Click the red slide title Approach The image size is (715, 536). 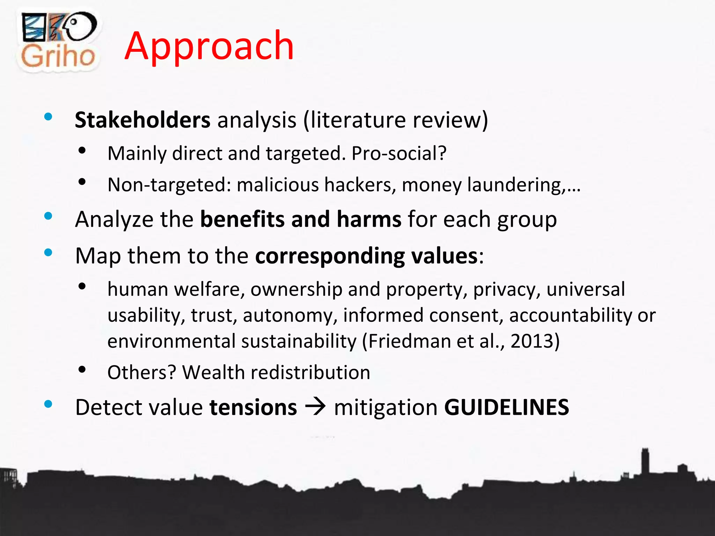(x=209, y=46)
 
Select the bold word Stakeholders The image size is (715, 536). (x=142, y=120)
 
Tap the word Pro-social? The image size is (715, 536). (x=399, y=153)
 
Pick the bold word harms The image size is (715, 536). (x=369, y=219)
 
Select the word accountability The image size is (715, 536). (x=570, y=315)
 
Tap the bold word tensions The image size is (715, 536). (x=253, y=407)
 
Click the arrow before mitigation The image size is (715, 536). (x=315, y=407)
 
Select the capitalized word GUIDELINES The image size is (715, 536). (x=507, y=407)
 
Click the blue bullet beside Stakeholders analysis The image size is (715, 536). (x=48, y=117)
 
